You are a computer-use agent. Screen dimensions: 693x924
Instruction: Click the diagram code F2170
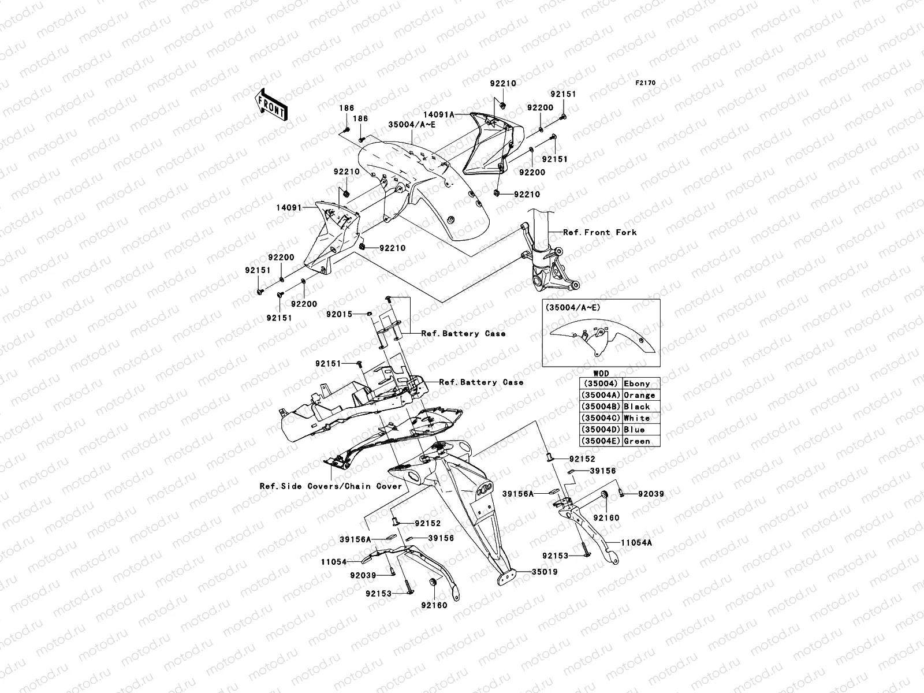point(646,83)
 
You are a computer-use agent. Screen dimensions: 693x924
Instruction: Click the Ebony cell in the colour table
point(637,383)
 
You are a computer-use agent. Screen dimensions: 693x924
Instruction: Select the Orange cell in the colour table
point(639,395)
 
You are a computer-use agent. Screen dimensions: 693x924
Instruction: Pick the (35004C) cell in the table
point(601,418)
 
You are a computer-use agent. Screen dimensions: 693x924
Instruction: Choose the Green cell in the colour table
point(637,441)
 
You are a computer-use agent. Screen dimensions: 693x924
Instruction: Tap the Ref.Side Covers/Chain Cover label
point(331,486)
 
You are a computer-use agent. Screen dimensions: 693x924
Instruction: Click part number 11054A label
point(636,543)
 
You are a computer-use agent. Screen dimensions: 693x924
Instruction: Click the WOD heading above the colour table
point(601,374)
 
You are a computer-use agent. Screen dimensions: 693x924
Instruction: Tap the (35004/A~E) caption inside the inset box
point(573,308)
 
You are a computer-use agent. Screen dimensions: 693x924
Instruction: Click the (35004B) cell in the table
point(601,407)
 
